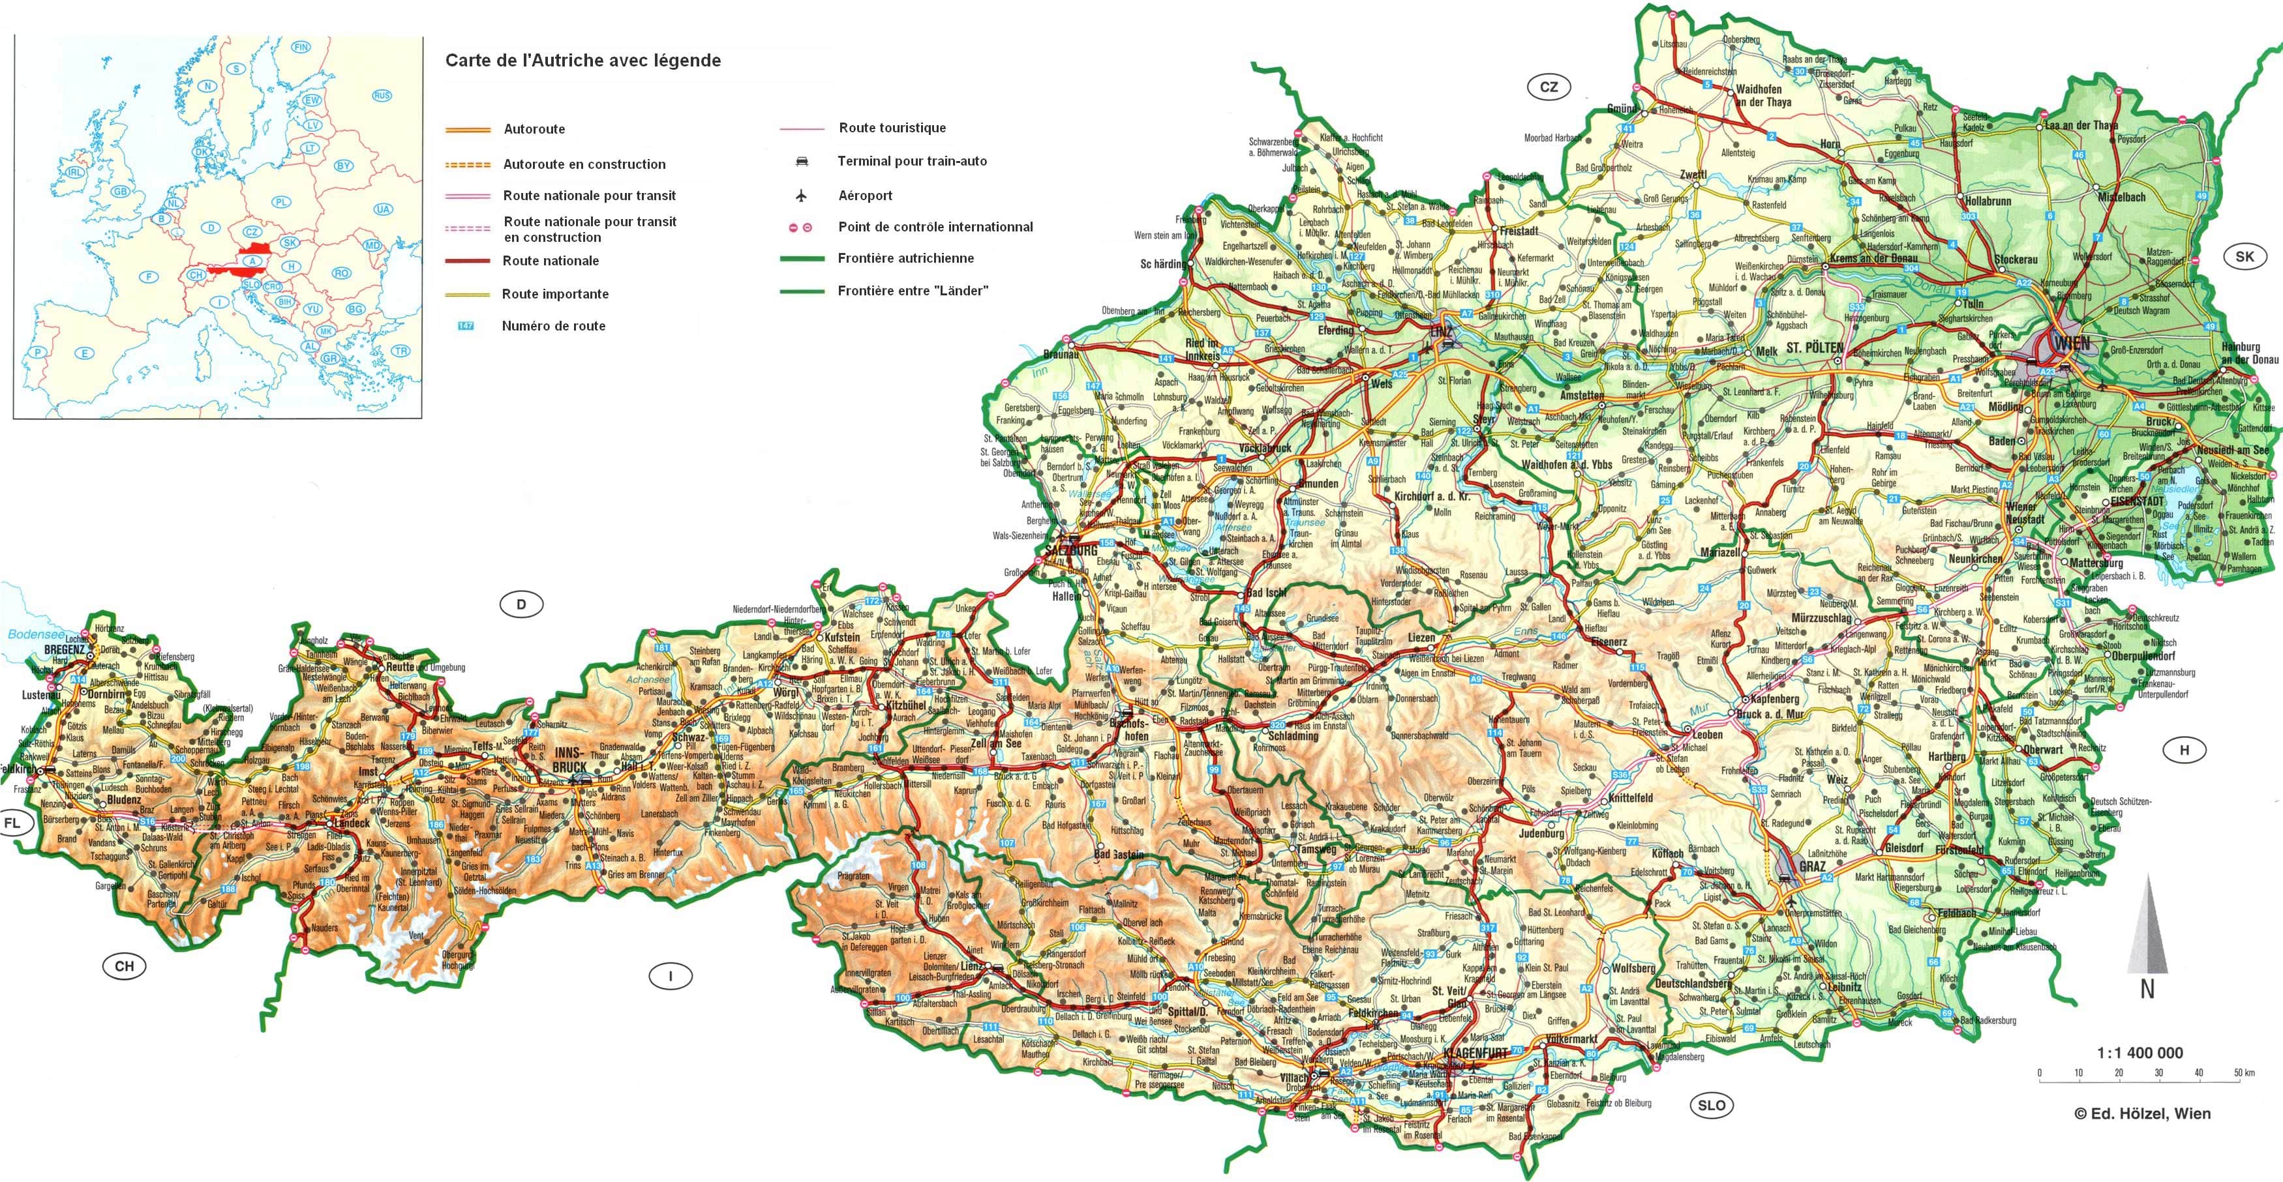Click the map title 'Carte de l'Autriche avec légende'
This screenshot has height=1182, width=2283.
(x=582, y=60)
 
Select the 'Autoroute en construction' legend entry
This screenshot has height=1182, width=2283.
(x=583, y=164)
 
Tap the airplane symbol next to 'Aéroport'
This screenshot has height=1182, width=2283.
(x=801, y=195)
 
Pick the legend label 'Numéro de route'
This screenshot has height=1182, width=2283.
(x=553, y=325)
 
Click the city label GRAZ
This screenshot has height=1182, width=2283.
(x=1811, y=866)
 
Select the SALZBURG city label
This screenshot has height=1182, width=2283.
(x=1070, y=550)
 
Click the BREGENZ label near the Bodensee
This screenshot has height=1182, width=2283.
(x=64, y=649)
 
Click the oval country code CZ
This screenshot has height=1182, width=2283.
(x=1549, y=87)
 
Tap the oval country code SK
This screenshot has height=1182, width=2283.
(x=2244, y=257)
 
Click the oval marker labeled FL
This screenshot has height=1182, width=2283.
(x=12, y=823)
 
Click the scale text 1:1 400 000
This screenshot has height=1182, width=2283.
(x=2139, y=1053)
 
